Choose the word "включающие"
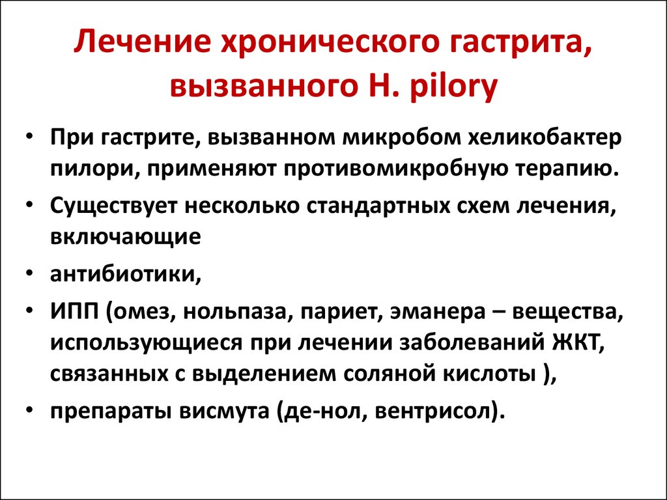click(126, 237)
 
